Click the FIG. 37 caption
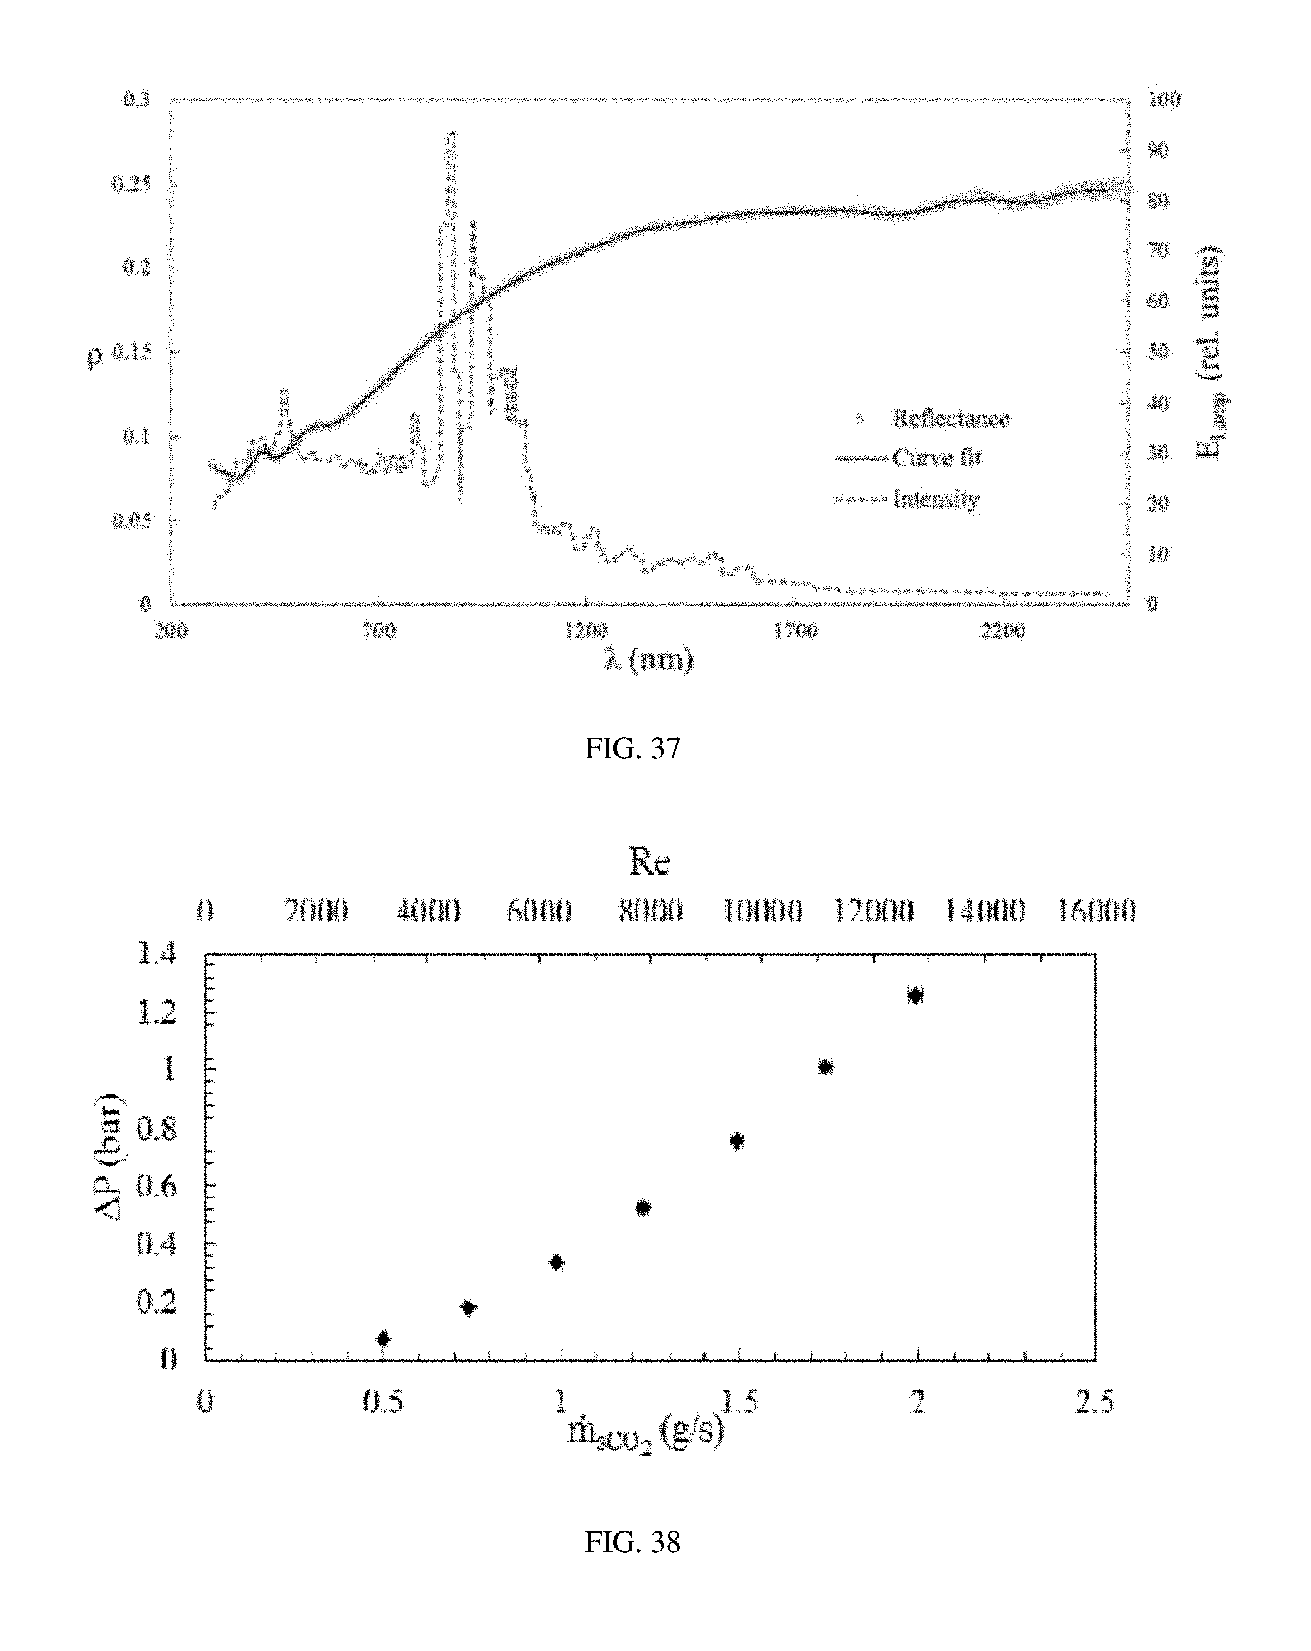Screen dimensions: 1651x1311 632,748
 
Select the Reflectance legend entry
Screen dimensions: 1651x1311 949,418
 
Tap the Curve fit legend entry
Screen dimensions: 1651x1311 936,458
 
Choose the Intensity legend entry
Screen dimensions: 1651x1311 935,499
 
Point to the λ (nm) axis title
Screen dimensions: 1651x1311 649,659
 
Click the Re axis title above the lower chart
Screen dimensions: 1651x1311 649,862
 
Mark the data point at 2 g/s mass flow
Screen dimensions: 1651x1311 915,995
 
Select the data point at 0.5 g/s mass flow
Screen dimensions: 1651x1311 383,1338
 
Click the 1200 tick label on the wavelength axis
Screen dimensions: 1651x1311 586,631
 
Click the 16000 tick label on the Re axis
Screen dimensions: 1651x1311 1096,911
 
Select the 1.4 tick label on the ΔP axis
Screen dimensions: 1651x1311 156,954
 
